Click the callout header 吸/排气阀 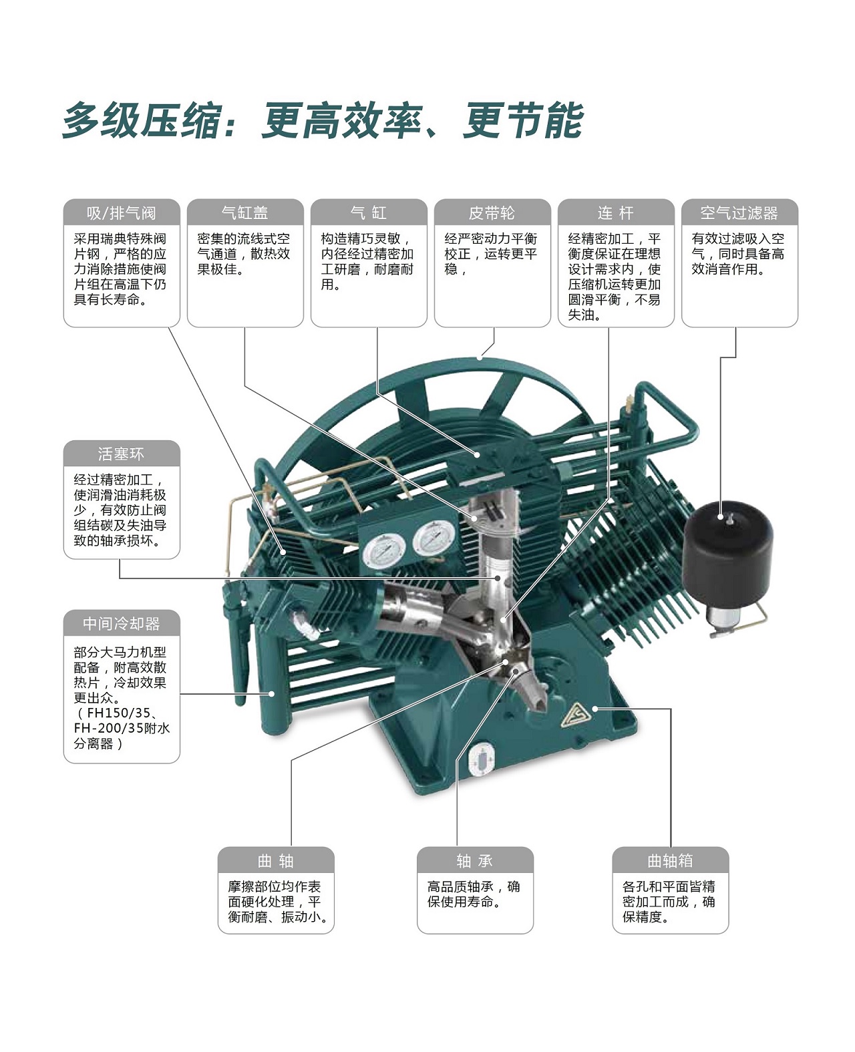pos(122,213)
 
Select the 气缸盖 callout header pos(245,213)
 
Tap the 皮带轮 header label pos(492,213)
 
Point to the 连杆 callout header pos(615,213)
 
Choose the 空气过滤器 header pos(739,213)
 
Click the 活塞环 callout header pos(122,454)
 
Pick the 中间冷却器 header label pos(122,623)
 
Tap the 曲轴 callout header pos(276,860)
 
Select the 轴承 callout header pos(475,860)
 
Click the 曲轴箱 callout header pos(670,860)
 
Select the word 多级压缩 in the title pos(141,121)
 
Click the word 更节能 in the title pos(524,121)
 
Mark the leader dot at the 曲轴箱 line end pos(595,709)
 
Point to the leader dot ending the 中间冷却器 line pos(271,693)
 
